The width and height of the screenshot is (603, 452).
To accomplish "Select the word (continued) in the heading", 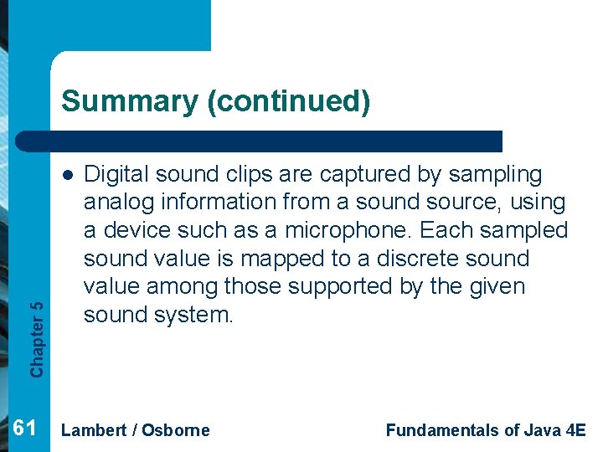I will pyautogui.click(x=289, y=101).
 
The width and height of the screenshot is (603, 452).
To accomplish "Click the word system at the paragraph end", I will pyautogui.click(x=194, y=315).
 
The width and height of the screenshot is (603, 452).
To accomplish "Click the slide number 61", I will pyautogui.click(x=26, y=429).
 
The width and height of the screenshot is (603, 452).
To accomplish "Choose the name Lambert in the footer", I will pyautogui.click(x=94, y=431).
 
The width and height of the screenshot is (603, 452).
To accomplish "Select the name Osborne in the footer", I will pyautogui.click(x=176, y=431).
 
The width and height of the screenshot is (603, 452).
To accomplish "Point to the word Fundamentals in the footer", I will pyautogui.click(x=441, y=431).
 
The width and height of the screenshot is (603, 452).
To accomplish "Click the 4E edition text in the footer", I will pyautogui.click(x=575, y=431).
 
